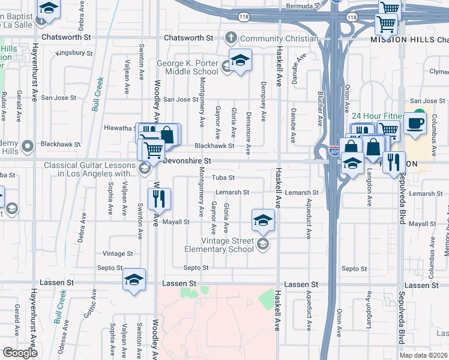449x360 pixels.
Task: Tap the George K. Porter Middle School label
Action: pos(187,67)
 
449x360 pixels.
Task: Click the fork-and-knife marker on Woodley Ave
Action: pos(160,199)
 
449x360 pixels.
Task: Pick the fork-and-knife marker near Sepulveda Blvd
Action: pos(394,162)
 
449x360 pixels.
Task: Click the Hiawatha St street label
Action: pos(118,128)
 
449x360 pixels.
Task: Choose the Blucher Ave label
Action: pos(318,110)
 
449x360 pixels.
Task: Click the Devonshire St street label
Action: pos(188,161)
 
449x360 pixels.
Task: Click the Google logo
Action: pos(20,352)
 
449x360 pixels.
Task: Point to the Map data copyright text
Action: pos(424,355)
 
